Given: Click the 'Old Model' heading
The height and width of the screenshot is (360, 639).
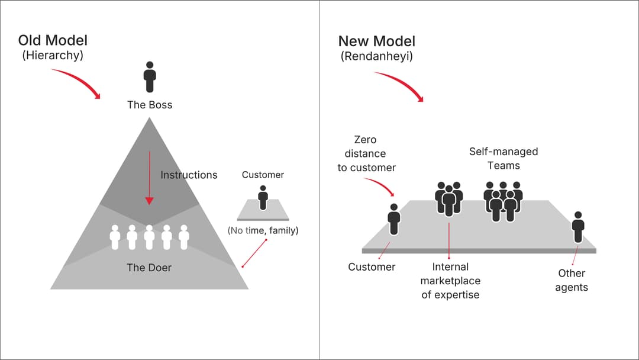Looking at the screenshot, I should [x=53, y=40].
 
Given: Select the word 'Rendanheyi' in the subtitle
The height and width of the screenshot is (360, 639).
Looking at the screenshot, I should [x=376, y=57].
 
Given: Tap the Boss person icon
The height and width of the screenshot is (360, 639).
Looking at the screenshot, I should [x=150, y=76].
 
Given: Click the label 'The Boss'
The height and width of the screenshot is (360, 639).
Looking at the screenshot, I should [x=150, y=105].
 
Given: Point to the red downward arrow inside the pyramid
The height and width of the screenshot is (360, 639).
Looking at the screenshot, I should [x=149, y=178].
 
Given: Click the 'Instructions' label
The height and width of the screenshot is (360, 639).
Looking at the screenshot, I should [x=189, y=175].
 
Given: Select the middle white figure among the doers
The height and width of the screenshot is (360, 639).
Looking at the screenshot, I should [x=149, y=237].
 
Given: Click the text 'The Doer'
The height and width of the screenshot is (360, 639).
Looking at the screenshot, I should [x=149, y=268].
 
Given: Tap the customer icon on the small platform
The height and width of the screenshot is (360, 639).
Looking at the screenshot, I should [x=263, y=197].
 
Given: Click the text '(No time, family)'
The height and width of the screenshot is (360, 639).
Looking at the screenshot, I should [x=263, y=230].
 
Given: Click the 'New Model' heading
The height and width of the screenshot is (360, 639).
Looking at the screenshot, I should [x=376, y=41].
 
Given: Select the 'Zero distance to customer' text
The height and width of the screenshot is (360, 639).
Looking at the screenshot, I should [x=366, y=154].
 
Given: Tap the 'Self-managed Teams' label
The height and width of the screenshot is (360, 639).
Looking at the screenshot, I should [x=504, y=159].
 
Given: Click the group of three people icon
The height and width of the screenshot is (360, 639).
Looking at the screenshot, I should [x=449, y=198].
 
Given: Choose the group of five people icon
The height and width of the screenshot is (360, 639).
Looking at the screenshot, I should [x=503, y=201].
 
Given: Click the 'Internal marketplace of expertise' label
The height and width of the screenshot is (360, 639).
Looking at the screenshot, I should [x=450, y=281].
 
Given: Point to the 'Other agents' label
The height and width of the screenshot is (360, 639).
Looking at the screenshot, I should [x=571, y=280].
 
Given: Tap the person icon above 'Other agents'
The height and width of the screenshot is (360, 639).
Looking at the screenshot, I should [x=578, y=227].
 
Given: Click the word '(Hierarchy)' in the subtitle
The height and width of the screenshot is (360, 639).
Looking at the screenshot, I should [x=53, y=56].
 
